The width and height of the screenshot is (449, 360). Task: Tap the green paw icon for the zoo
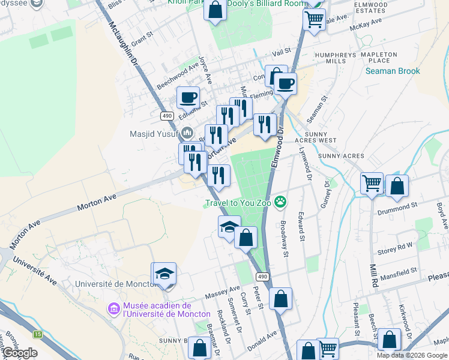[x=280, y=202]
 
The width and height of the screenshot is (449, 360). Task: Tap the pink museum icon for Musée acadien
[x=113, y=309]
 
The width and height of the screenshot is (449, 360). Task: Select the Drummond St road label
[x=397, y=205]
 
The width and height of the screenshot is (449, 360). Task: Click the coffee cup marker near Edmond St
[x=188, y=96]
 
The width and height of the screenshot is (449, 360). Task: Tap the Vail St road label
[x=280, y=52]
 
